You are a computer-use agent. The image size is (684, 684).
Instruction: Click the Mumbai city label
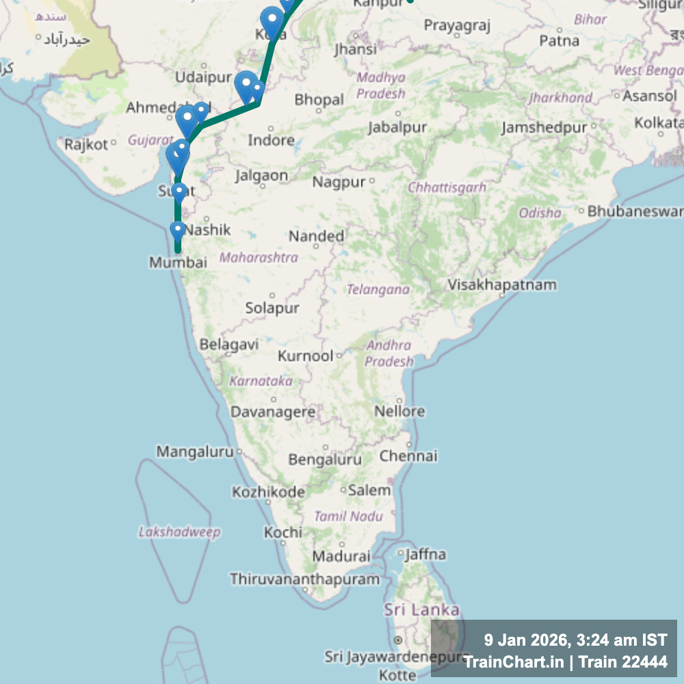[178, 262]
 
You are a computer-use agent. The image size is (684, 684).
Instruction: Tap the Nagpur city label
[339, 182]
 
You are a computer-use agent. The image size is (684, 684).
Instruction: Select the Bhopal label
[319, 100]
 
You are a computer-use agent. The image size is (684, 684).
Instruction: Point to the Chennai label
[408, 456]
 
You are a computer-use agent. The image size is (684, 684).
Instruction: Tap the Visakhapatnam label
[502, 285]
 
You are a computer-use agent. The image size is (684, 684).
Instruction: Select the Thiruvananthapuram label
[304, 579]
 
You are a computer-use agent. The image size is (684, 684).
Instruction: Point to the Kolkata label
[659, 123]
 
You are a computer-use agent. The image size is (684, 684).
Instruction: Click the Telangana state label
[378, 290]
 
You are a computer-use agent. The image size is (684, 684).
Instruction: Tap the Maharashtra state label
[259, 258]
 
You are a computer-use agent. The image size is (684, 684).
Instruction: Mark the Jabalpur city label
[397, 127]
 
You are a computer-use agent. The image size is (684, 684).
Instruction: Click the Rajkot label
[86, 144]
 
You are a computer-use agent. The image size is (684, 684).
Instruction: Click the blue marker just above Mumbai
[178, 231]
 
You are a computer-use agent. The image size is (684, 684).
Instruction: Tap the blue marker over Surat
[179, 192]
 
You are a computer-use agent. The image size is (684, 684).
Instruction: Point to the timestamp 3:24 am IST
[621, 641]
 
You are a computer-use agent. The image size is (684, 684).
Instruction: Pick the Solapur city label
[272, 308]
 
